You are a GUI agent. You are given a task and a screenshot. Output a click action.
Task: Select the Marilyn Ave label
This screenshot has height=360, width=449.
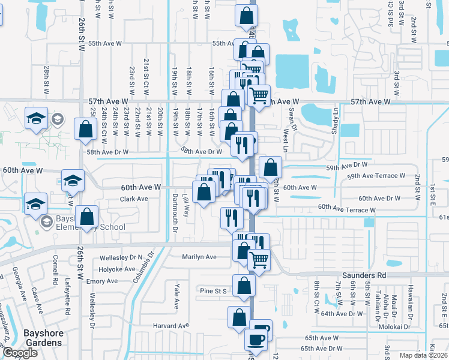(x=199, y=257)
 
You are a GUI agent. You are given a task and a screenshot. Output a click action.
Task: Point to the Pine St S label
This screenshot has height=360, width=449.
(x=213, y=291)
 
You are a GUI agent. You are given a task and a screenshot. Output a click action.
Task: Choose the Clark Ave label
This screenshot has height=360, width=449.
(x=134, y=199)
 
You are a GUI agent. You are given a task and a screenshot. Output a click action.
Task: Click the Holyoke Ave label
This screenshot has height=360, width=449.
(x=117, y=269)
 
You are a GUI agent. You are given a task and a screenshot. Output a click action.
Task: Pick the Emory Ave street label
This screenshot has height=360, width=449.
(x=102, y=281)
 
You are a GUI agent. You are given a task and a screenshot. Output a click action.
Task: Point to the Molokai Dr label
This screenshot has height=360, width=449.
(x=393, y=326)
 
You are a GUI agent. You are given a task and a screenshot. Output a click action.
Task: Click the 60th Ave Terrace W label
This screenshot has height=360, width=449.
(x=347, y=208)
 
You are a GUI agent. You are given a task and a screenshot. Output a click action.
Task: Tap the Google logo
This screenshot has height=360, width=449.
(x=20, y=353)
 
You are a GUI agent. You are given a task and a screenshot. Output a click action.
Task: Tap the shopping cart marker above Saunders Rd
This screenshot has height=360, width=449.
(x=259, y=259)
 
